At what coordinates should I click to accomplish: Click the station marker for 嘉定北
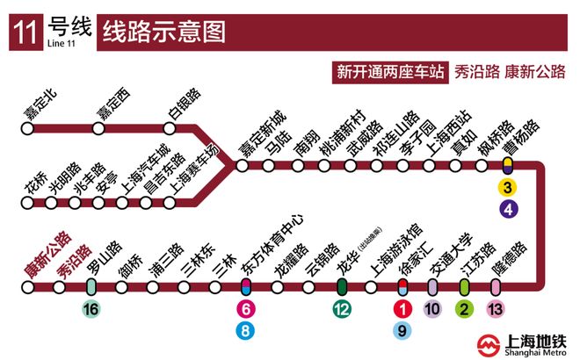[27, 129]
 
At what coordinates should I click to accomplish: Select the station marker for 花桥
[27, 205]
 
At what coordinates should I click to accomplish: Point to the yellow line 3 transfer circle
[508, 186]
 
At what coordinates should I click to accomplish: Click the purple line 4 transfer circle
[508, 209]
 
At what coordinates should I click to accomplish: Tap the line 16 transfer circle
[91, 309]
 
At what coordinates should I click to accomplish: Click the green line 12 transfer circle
[343, 309]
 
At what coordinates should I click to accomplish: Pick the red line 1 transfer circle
[402, 309]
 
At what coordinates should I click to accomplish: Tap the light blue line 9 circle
[402, 330]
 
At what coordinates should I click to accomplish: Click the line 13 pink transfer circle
[496, 309]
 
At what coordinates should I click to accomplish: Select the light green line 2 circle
[465, 309]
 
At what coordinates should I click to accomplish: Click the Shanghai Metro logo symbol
[488, 344]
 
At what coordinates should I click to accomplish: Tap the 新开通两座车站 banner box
[388, 72]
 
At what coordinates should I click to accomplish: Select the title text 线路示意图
[164, 32]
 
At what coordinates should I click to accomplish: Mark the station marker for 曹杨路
[508, 163]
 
